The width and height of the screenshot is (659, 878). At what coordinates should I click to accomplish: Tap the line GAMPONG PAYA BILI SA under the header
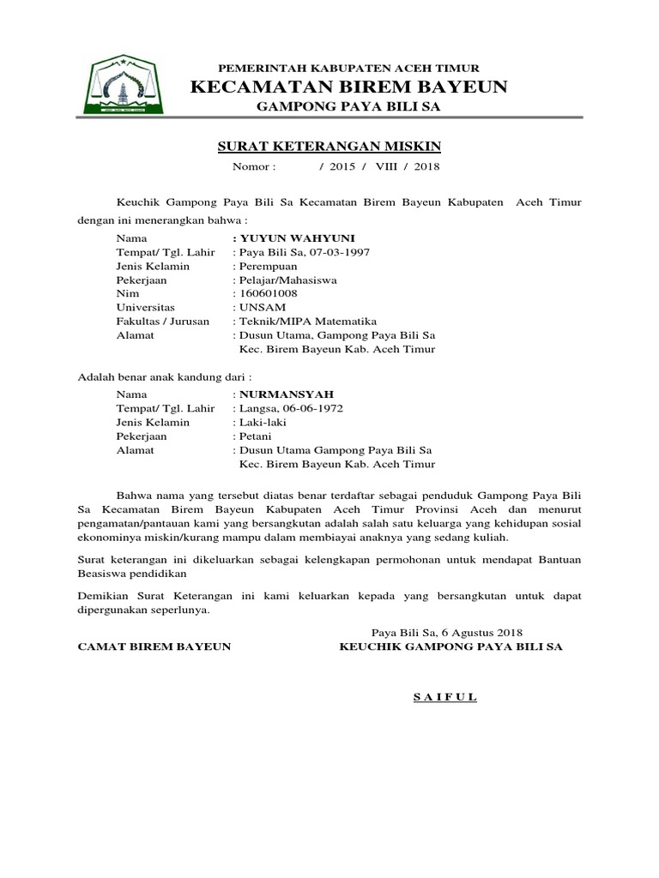pos(348,106)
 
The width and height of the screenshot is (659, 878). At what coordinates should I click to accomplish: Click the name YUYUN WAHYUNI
pos(286,238)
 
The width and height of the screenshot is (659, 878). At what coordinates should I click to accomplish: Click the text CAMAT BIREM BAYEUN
pos(154,647)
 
